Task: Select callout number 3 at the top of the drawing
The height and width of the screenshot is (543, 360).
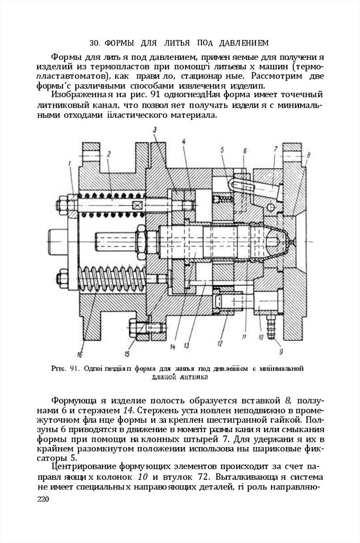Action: pos(154,129)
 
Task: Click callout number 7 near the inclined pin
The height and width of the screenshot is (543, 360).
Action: pos(275,149)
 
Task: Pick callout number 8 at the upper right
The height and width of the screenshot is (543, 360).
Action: pos(308,155)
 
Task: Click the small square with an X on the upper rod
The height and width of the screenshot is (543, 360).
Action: pos(138,205)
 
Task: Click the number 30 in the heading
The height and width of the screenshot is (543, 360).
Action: pos(95,42)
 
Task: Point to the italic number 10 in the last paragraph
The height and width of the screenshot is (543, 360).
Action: pos(135,477)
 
